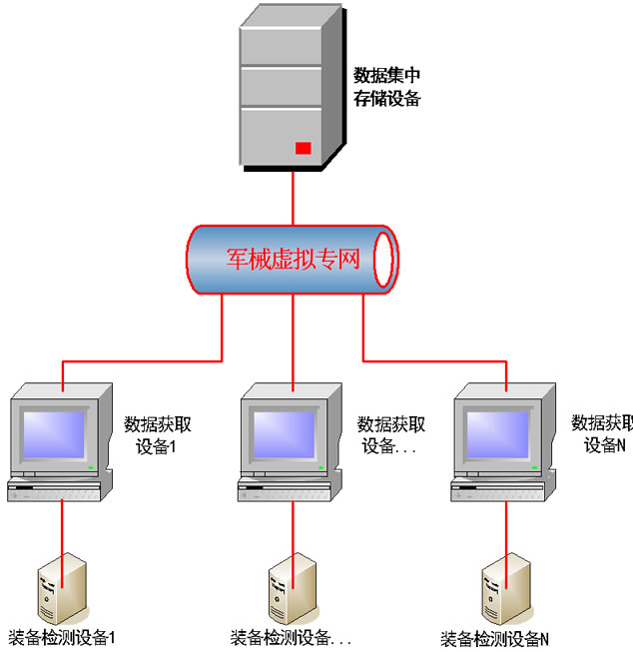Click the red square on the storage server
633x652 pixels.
pos(303,149)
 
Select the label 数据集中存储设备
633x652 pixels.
pos(387,86)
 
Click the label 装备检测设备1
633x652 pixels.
pos(62,637)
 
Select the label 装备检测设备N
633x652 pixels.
pos(495,638)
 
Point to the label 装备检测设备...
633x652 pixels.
pos(291,637)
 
